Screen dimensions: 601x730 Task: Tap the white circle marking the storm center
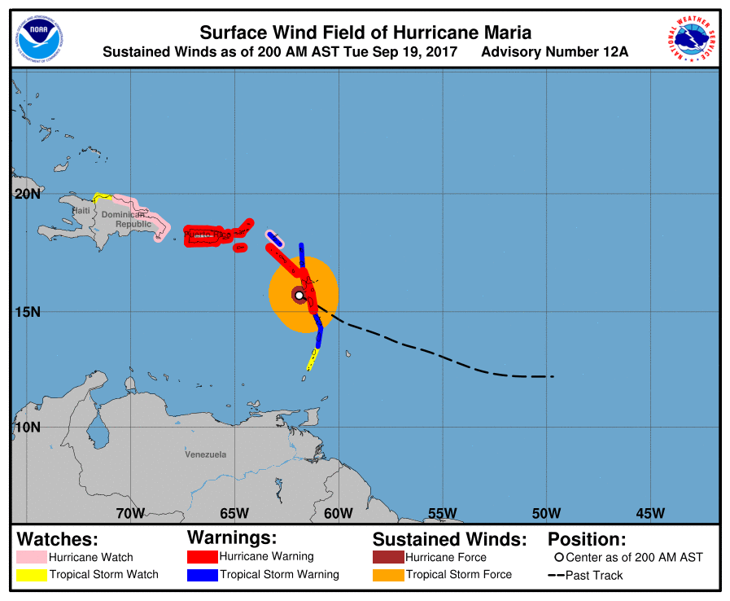299,295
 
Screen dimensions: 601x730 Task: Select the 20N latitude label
26,194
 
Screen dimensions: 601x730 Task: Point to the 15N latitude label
26,312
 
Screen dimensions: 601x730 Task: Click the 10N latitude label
26,427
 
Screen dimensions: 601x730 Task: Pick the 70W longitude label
130,513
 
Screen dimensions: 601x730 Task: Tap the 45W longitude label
650,513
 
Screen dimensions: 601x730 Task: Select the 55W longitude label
442,513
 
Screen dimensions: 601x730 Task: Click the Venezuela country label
206,454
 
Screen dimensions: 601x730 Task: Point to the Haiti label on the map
81,211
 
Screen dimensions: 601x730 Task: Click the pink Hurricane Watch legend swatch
31,558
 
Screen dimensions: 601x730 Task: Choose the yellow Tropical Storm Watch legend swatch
31,575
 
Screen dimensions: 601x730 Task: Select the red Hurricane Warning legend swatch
202,557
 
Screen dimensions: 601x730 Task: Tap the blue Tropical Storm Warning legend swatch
202,575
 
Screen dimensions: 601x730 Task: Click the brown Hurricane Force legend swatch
387,558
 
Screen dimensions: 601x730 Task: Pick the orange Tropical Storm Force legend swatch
387,575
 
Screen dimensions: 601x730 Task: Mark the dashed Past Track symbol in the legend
556,576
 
